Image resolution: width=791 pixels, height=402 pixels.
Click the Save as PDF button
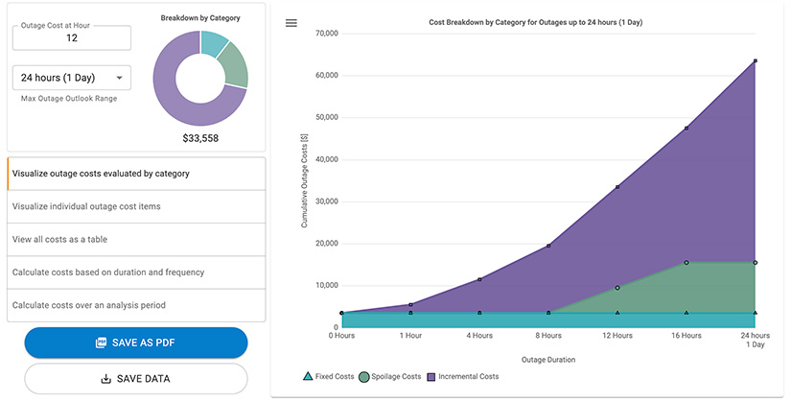(136, 343)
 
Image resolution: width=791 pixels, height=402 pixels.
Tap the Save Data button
(136, 378)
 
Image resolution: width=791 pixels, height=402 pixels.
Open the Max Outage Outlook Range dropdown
(72, 78)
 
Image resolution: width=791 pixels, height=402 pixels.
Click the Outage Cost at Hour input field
(72, 37)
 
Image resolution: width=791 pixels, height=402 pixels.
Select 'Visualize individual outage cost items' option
(135, 206)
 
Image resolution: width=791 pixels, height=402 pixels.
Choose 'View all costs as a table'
(135, 239)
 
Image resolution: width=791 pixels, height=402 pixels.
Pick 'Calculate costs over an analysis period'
(135, 305)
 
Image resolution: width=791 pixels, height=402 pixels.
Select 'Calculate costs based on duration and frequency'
(135, 272)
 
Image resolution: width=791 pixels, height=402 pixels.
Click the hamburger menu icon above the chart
(291, 23)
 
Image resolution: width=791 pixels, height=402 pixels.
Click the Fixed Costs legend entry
(329, 377)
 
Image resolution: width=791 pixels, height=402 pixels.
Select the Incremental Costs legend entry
(463, 377)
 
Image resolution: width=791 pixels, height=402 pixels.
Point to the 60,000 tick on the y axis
(326, 75)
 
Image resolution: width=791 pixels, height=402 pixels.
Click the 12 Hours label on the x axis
(617, 336)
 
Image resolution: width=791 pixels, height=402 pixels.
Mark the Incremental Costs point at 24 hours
(756, 60)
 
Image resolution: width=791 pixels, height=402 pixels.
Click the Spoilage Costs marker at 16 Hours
(686, 263)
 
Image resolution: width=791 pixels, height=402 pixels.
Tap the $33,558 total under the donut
(200, 138)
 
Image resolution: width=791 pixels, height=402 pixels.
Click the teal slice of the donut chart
(215, 42)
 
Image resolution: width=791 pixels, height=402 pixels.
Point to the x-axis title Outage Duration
(547, 360)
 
